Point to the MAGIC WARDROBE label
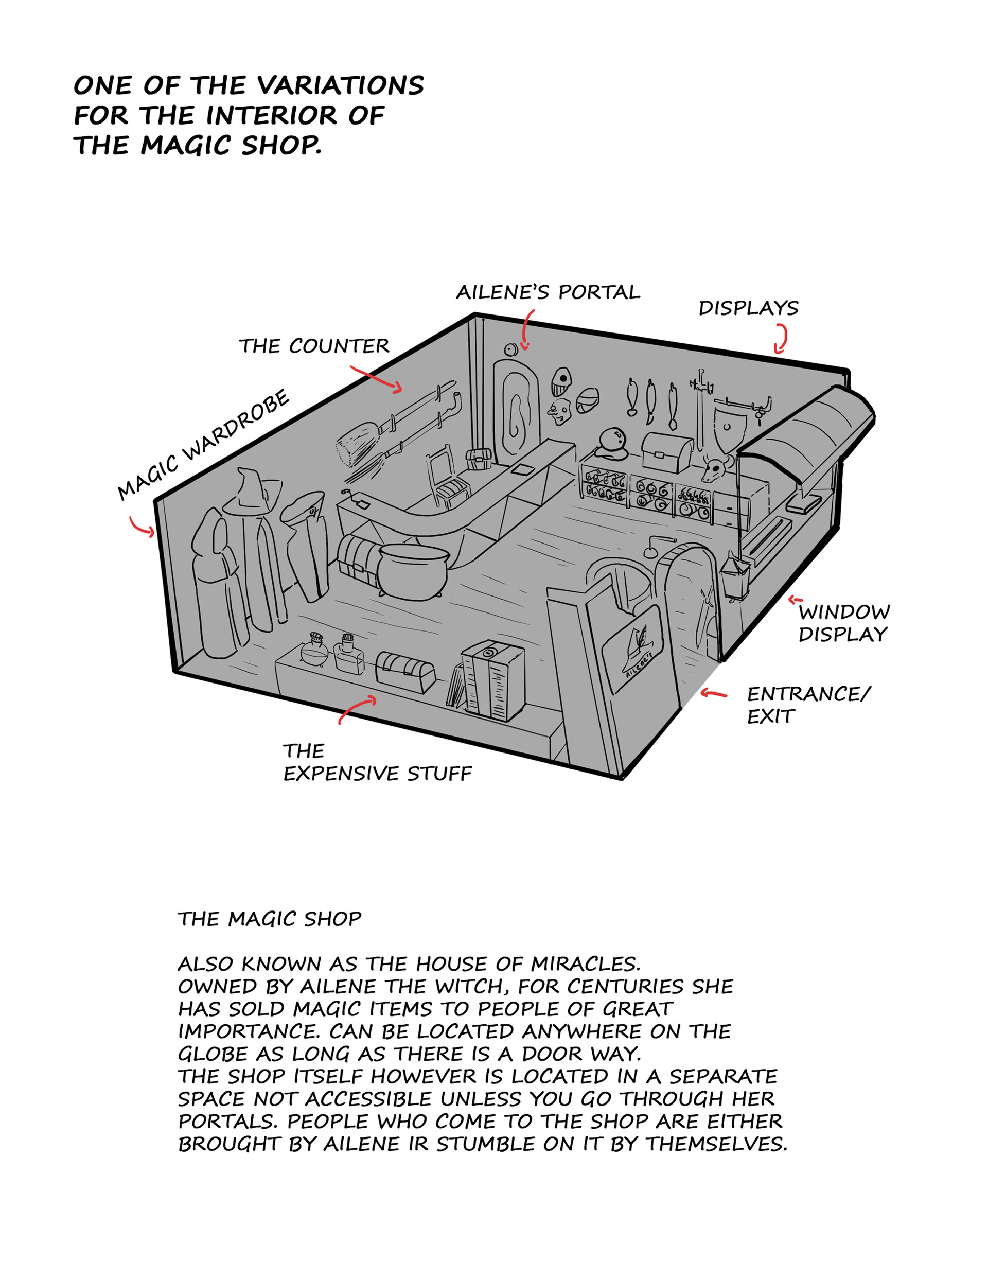click(x=203, y=446)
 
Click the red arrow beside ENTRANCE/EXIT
click(x=713, y=694)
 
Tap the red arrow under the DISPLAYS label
click(x=781, y=340)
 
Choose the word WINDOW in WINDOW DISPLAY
click(x=844, y=612)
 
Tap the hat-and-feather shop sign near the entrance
click(x=636, y=646)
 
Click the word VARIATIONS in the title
click(x=340, y=85)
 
